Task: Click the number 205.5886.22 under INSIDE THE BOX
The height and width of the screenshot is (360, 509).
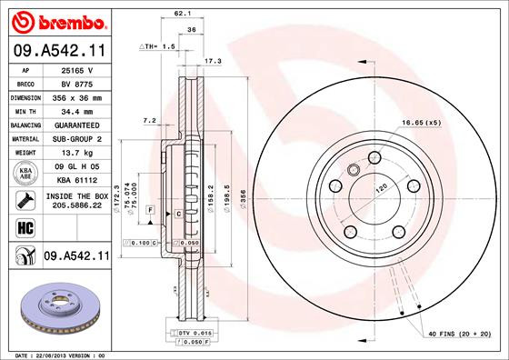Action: click(75, 205)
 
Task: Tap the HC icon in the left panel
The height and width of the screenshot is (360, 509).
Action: click(22, 226)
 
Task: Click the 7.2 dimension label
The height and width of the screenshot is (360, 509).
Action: click(151, 119)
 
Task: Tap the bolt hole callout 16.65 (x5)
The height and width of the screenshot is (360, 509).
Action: click(420, 123)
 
